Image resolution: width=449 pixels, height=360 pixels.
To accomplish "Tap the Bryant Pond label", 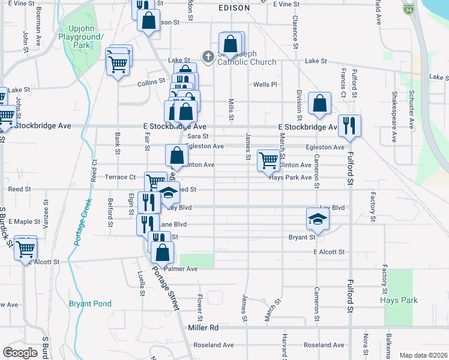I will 90,304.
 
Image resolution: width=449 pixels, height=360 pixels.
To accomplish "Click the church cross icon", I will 208,57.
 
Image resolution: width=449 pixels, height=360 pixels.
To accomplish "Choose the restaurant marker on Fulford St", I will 349,126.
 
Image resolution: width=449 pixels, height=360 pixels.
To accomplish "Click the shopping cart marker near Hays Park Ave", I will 268,161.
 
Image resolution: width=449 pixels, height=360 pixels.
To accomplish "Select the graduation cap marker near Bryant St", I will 318,219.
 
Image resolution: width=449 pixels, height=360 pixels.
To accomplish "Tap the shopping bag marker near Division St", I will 320,103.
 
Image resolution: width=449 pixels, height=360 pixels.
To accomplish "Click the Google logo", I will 20,352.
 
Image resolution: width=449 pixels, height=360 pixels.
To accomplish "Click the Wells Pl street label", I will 265,85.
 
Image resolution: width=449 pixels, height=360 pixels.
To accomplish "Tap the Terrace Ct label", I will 120,177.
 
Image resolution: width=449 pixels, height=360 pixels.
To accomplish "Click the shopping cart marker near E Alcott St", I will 26,247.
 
